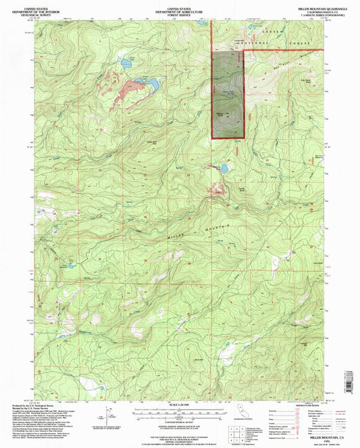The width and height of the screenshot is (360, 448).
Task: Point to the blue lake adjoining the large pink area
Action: [x=150, y=84]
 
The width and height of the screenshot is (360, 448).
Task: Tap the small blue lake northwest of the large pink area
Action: [x=126, y=65]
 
